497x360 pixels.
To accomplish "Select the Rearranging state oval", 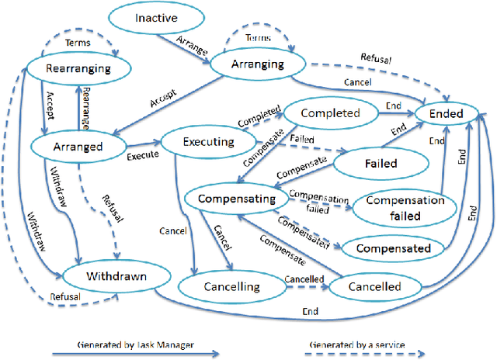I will [78, 68].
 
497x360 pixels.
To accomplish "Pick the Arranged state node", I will [79, 144].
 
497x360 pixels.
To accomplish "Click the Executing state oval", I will [207, 142].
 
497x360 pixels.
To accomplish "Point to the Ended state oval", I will [447, 114].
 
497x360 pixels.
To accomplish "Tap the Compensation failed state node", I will [405, 206].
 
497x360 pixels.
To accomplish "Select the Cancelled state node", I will [375, 286].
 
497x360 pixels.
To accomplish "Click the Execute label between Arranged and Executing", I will [144, 154].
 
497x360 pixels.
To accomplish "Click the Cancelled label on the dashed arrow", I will [304, 278].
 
